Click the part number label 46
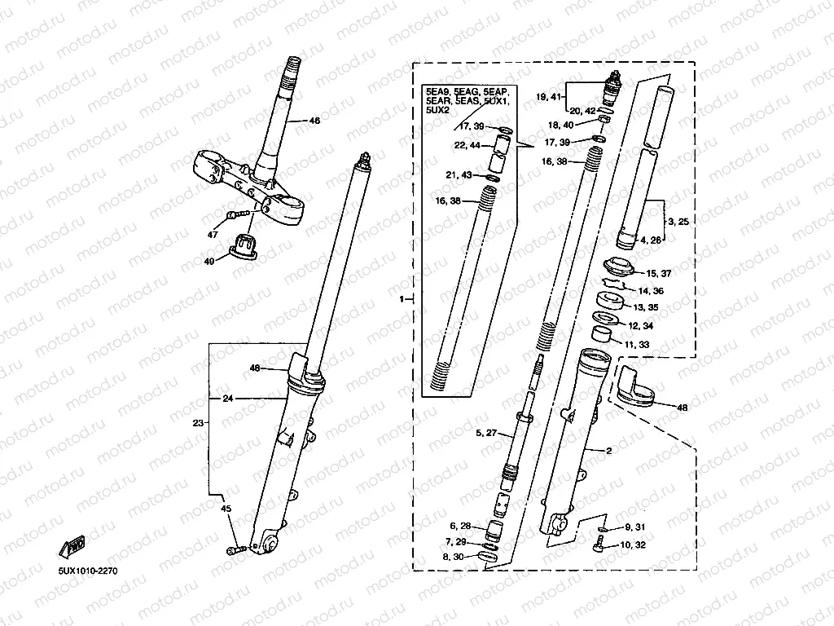315,121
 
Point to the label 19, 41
549,97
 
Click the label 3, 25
678,222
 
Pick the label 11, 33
637,345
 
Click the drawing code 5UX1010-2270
88,571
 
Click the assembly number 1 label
402,301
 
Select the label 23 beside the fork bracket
198,423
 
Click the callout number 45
226,509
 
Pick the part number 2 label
608,451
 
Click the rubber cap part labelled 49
242,244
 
